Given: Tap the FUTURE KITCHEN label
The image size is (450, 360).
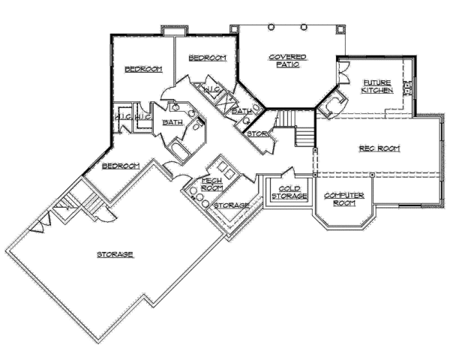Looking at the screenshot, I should coord(376,85).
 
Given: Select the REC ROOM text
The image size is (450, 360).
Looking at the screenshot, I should coord(376,148).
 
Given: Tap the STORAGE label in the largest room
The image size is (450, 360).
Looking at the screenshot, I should coord(115,254).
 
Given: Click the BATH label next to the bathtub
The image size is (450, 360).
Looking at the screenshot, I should coord(172,121).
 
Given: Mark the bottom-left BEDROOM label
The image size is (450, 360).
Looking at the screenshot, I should coord(120,165).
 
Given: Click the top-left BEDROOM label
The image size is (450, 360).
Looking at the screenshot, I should coord(142,69).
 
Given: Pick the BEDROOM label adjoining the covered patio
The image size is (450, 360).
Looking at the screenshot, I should coord(207,58).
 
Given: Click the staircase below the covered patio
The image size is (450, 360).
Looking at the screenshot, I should coord(294,127).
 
